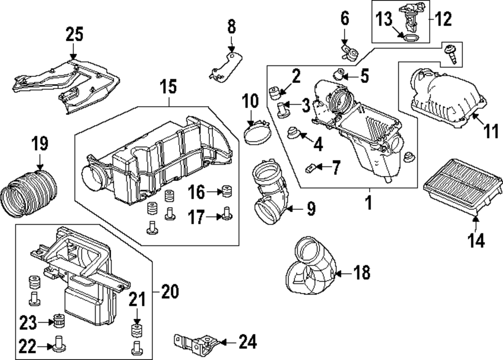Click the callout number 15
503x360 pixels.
169,87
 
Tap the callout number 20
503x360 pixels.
171,291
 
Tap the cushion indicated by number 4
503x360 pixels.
293,134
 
